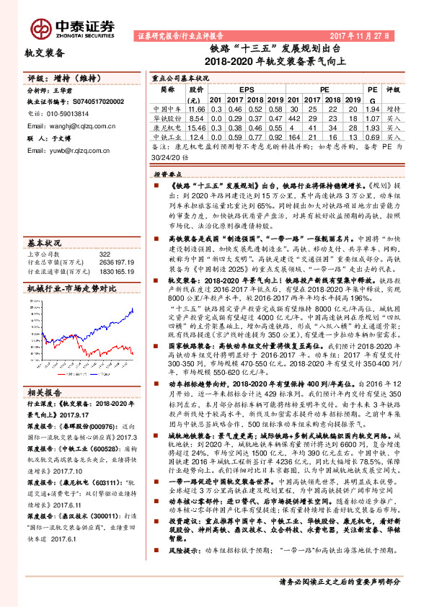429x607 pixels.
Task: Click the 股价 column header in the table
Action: tap(196, 90)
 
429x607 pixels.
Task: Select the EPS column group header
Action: tap(246, 90)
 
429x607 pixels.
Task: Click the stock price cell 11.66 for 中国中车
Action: tap(196, 107)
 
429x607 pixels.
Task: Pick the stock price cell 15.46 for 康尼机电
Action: tap(196, 125)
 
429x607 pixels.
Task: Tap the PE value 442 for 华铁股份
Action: tap(293, 116)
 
